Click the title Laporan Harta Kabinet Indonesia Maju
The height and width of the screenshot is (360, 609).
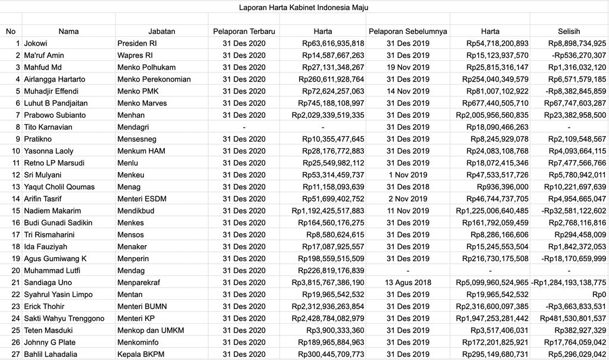click(x=303, y=7)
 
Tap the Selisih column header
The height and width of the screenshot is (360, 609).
click(x=569, y=32)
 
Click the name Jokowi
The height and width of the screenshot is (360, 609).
click(x=36, y=43)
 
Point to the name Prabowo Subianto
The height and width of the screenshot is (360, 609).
click(x=55, y=115)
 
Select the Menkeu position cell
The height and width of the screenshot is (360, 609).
click(x=131, y=175)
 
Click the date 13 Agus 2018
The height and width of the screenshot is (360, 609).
click(x=407, y=283)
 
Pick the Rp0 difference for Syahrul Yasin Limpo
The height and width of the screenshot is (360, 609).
click(x=599, y=295)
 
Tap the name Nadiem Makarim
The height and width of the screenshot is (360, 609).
click(x=52, y=211)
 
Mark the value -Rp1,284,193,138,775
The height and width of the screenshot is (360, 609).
click(x=569, y=283)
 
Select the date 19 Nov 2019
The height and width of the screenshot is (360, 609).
click(x=407, y=67)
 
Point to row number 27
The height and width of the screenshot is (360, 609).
click(x=15, y=354)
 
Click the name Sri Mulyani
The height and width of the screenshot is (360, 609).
click(x=42, y=175)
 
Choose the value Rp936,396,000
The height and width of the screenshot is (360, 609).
click(x=503, y=187)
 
